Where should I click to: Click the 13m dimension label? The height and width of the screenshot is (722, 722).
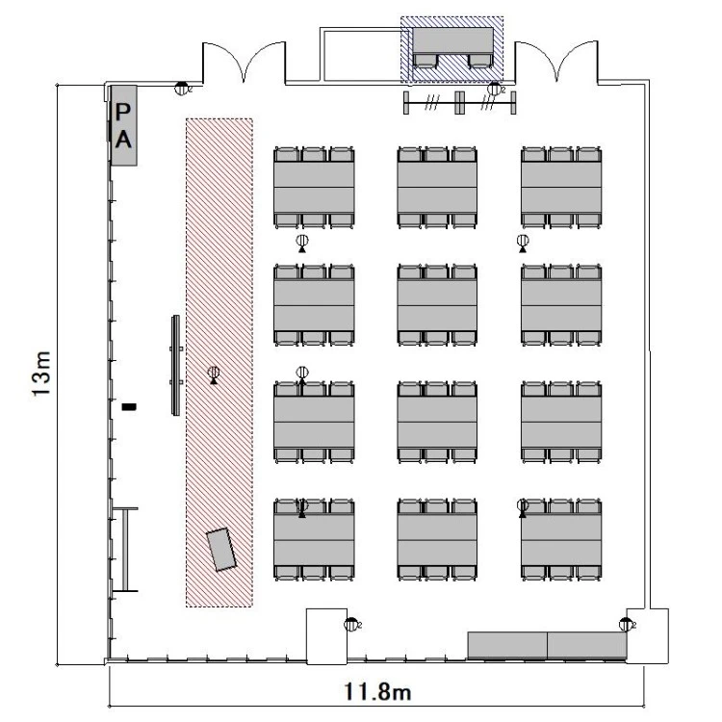pos(40,373)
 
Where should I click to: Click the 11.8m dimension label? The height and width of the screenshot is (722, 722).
pos(377,691)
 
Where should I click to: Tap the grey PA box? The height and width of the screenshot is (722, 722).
pos(124,125)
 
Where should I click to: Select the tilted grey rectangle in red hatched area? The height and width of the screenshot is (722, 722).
pos(221,550)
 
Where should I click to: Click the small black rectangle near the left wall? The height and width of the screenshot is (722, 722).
pos(129,406)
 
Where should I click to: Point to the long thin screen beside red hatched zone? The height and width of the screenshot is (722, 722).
pos(175,366)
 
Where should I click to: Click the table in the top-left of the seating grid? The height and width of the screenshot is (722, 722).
pos(314,187)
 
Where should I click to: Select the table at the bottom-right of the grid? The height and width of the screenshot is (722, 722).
pos(561,540)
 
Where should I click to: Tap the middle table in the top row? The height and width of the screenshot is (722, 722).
pos(437,187)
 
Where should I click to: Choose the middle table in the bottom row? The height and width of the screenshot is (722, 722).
pos(437,540)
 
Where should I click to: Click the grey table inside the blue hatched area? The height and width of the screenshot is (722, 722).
pos(452,40)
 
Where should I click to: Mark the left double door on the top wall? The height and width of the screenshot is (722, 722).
pos(245,63)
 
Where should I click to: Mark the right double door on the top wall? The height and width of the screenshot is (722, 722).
pos(556,62)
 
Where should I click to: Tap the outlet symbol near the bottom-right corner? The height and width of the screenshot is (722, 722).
pos(626,625)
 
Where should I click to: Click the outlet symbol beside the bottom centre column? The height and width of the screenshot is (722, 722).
pos(350,625)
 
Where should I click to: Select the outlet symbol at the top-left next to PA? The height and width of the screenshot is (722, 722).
pos(181,88)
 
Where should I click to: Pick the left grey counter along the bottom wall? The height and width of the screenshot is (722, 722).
pos(507,646)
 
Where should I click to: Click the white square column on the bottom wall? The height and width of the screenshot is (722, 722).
pos(327,636)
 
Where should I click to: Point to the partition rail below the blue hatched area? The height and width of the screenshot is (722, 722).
pos(459,103)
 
